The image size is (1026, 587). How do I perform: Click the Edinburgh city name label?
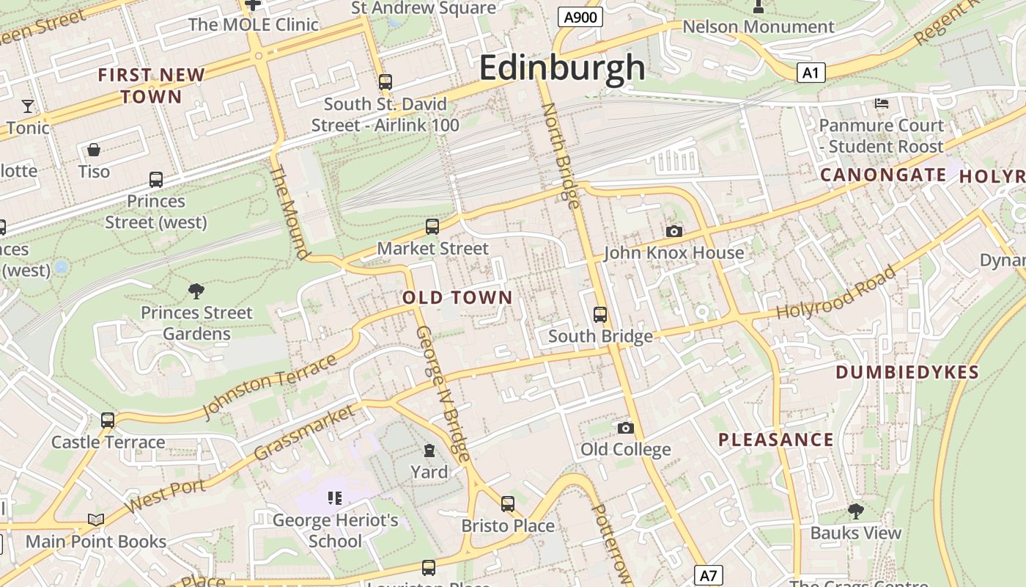562,68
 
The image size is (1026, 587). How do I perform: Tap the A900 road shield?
580,17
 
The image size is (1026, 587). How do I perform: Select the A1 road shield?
810,73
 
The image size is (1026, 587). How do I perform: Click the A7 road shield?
708,575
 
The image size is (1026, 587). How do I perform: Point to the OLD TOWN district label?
457,297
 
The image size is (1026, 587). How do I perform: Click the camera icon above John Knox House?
674,232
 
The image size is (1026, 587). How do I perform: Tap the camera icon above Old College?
625,428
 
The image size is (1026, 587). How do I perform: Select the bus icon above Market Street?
432,227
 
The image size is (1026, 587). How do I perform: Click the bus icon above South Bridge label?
600,315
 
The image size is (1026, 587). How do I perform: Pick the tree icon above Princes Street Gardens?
196,291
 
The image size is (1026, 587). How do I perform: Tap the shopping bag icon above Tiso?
94,150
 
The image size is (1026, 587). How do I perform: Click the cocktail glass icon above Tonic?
28,106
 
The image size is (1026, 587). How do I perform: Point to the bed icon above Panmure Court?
882,103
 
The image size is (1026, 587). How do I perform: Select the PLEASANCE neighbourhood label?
775,440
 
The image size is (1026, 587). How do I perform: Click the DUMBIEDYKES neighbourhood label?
907,372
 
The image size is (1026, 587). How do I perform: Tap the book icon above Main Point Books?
95,519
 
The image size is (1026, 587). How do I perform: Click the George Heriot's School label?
336,531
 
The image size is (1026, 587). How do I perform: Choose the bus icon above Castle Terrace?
108,420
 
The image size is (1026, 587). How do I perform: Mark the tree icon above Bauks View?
855,511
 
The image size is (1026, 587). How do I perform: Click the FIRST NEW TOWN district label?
151,85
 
